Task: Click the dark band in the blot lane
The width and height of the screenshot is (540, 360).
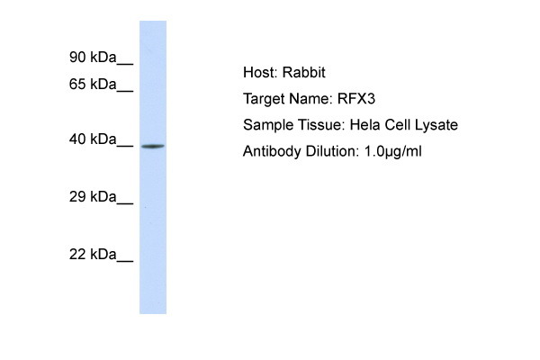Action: [153, 147]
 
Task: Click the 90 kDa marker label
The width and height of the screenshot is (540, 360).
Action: [93, 58]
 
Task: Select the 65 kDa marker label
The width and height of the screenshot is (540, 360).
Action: [93, 84]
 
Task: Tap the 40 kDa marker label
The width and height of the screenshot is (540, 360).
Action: [93, 139]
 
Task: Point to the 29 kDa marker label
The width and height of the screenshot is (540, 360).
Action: [93, 197]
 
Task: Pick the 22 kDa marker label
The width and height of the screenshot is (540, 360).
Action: [93, 254]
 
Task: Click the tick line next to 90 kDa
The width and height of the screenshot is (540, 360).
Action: [125, 64]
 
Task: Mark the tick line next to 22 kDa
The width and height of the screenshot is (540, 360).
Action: [125, 262]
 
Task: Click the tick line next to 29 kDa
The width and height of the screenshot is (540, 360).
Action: [125, 204]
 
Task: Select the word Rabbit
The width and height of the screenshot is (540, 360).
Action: [303, 73]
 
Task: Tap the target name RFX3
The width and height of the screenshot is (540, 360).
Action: [356, 99]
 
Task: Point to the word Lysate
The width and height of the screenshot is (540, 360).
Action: [436, 125]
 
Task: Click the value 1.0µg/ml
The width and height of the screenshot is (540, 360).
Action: [393, 152]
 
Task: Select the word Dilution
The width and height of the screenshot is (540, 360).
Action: [331, 151]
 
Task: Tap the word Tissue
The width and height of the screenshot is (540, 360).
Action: [321, 125]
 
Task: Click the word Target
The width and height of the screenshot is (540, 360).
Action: [264, 100]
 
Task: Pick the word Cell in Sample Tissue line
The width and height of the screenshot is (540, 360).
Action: [397, 125]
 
